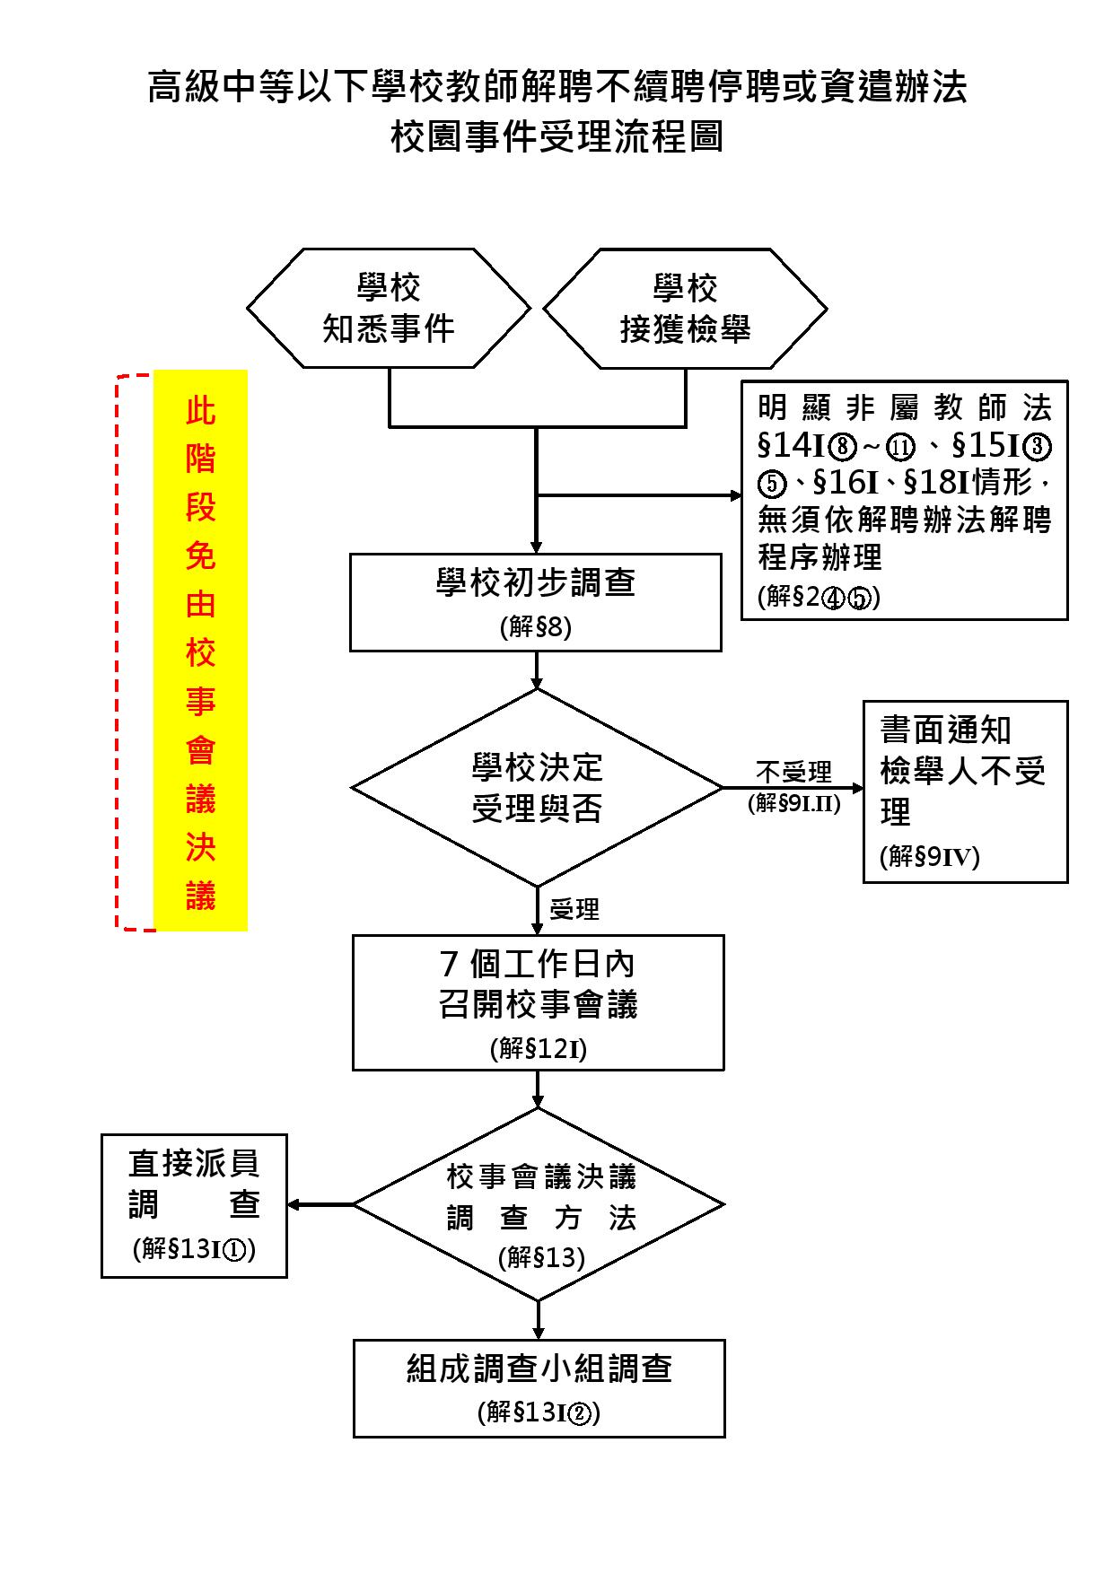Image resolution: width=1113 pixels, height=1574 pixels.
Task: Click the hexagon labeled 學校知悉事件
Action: click(389, 309)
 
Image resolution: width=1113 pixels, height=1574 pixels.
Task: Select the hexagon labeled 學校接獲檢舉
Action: click(685, 309)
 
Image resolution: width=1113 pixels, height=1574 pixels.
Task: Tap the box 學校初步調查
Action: click(536, 601)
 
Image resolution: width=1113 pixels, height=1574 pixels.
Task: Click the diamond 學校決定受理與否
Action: click(537, 788)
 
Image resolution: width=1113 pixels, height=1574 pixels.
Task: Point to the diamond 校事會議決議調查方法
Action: click(539, 1204)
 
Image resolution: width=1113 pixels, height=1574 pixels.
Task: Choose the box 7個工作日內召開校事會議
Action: click(539, 1002)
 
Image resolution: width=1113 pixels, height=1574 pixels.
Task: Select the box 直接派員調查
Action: click(194, 1205)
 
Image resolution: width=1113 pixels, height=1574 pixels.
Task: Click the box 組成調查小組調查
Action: click(539, 1388)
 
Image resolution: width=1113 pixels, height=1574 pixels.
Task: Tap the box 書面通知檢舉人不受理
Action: click(965, 791)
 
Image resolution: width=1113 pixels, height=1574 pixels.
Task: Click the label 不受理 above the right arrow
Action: click(793, 772)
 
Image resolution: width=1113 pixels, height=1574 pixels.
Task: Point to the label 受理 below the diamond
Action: click(574, 909)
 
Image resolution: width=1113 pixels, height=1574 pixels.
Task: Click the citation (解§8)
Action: click(536, 626)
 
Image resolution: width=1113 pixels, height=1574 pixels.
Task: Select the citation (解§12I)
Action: click(539, 1047)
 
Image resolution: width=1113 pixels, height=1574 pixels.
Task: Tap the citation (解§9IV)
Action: click(930, 857)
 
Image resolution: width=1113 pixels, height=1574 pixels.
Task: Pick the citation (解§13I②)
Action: click(539, 1412)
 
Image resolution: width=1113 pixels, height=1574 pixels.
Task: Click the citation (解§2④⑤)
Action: click(819, 598)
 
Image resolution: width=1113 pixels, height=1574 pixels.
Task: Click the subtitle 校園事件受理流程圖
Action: click(556, 137)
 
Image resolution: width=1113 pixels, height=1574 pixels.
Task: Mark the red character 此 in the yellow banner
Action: click(200, 412)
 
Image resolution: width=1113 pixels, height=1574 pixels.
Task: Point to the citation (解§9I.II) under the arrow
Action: click(794, 803)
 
